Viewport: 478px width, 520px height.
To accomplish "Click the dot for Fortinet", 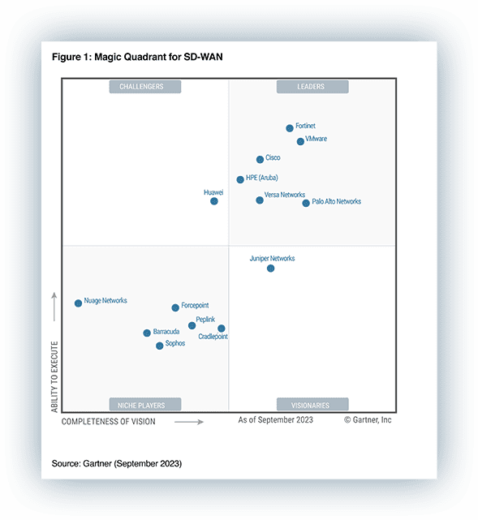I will coord(290,128).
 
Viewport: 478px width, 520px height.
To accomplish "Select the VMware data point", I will coord(300,141).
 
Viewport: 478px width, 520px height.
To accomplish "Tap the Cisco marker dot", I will coord(260,160).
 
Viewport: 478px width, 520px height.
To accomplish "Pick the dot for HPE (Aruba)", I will coord(240,179).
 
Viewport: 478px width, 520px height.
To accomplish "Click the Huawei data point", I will coord(214,201).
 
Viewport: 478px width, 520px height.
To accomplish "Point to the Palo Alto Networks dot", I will coord(306,203).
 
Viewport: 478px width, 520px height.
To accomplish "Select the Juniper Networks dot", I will coord(270,269).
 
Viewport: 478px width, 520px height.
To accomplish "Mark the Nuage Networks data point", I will coord(78,303).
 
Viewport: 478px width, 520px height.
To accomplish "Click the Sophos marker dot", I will coord(160,346).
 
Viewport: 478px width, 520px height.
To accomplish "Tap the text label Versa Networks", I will coord(285,195).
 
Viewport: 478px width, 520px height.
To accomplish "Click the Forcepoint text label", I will coord(195,305).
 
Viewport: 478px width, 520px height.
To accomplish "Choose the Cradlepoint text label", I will coord(213,336).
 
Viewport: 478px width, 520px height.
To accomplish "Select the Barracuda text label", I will coord(166,332).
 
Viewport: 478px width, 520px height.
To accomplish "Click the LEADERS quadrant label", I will coord(312,87).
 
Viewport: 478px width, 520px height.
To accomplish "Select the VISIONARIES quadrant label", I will coord(312,405).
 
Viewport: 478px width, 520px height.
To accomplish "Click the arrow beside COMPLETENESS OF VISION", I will coord(189,422).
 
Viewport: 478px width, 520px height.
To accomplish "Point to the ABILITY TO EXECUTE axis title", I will coord(55,377).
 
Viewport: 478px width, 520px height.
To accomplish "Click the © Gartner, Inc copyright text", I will coord(368,420).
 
